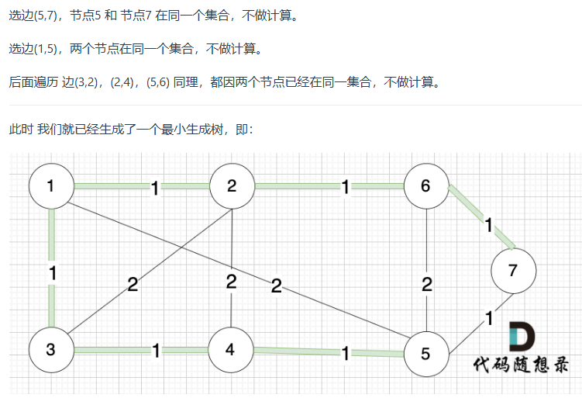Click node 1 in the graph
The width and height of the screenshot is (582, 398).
[51, 186]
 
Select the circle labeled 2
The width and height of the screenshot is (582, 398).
[232, 186]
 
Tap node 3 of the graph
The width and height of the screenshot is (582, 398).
[51, 349]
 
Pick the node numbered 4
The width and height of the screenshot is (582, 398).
[230, 349]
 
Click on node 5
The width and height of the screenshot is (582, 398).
[425, 354]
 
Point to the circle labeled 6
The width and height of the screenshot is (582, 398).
[425, 186]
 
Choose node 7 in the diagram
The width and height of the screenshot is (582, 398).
[513, 271]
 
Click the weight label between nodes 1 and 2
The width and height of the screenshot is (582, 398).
[155, 188]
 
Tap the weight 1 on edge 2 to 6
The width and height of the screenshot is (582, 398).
[345, 186]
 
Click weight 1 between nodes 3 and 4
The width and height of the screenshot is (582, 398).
[156, 351]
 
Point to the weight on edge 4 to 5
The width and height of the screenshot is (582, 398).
[345, 354]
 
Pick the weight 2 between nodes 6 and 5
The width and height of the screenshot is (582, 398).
[426, 284]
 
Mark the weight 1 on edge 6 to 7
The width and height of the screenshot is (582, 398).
[488, 226]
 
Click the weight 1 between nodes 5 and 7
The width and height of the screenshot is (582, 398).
[490, 317]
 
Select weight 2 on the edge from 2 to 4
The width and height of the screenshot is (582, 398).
[231, 282]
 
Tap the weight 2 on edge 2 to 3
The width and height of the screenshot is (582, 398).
[133, 284]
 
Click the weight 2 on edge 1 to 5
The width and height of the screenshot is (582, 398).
[277, 286]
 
